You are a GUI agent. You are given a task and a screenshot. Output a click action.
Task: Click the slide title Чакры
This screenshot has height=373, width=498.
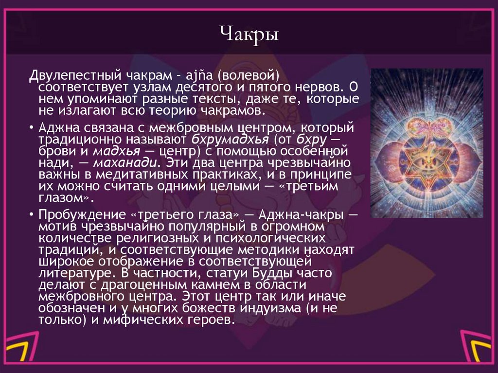tap(249, 35)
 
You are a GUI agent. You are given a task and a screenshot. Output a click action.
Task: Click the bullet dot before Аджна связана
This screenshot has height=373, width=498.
tap(31, 128)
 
